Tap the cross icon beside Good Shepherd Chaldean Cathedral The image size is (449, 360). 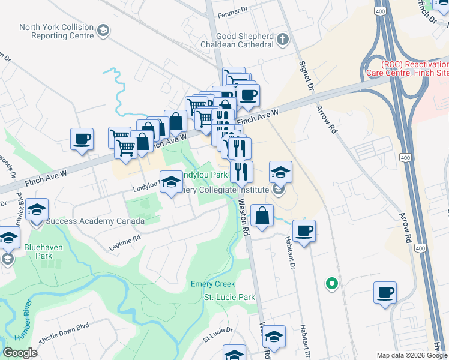pos(282,40)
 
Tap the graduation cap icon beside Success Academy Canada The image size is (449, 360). pos(37,209)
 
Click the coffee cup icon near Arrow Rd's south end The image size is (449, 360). pos(385,293)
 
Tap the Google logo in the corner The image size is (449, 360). pos(20,353)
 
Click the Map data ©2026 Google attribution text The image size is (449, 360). pos(412,355)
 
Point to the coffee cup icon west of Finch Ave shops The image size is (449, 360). pos(82,139)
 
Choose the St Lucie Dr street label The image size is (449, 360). pos(217,334)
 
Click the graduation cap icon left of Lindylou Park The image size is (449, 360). pos(171,182)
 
